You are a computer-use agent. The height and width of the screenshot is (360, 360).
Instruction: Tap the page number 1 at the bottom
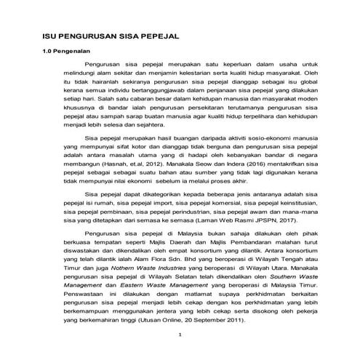(180, 335)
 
